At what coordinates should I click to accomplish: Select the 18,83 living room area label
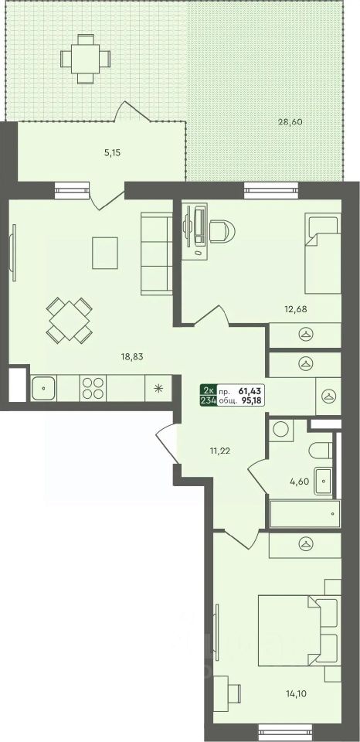tap(134, 356)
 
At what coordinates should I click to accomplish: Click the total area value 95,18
tap(251, 400)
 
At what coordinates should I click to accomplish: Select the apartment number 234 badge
tap(208, 400)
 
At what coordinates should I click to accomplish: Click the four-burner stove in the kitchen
tap(93, 388)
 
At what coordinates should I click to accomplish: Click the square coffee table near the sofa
tap(105, 253)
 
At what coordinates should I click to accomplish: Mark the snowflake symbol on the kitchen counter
tap(158, 388)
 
